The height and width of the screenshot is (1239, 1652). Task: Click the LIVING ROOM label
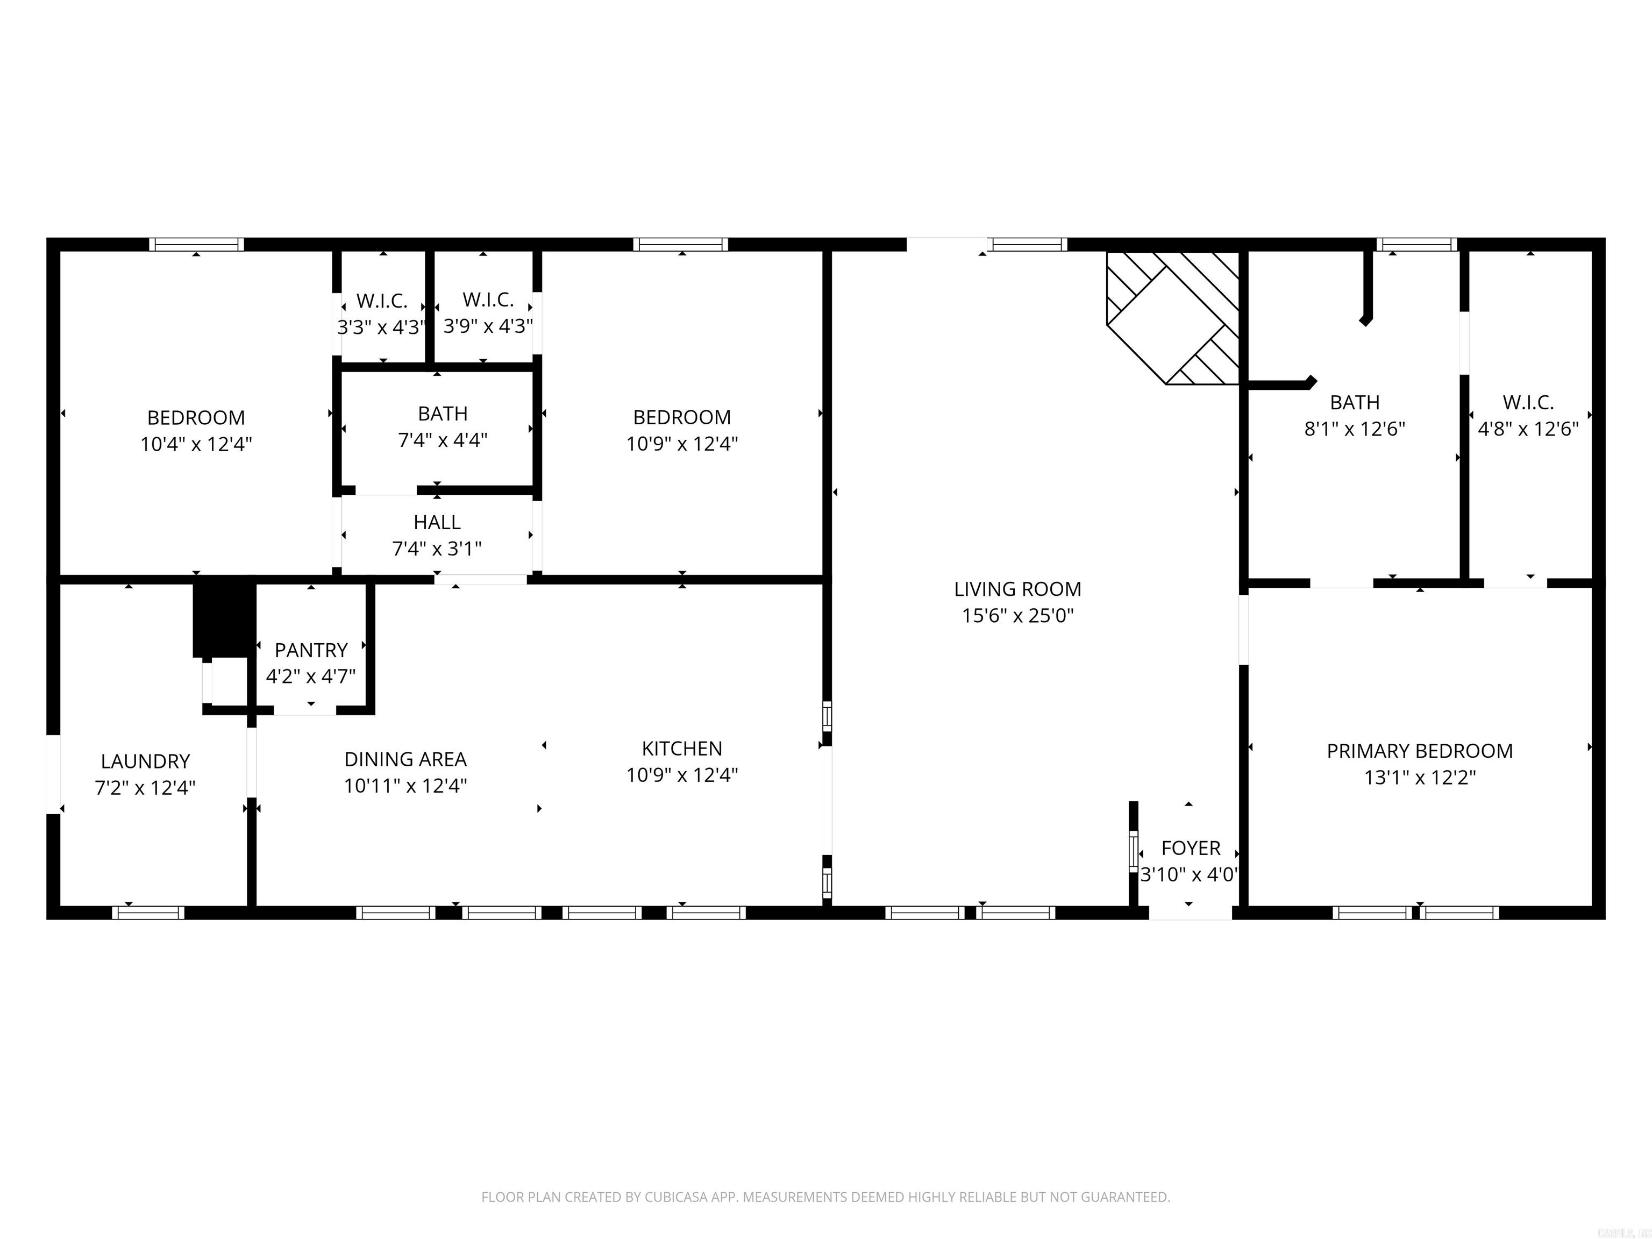click(1017, 589)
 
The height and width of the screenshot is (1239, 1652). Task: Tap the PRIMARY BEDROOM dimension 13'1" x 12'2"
click(1420, 778)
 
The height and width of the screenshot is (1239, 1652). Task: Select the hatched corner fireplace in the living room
click(1172, 317)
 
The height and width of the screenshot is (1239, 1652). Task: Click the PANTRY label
click(311, 650)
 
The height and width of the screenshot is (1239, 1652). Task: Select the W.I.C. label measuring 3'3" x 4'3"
click(382, 301)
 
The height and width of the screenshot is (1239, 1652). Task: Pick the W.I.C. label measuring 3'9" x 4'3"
click(488, 300)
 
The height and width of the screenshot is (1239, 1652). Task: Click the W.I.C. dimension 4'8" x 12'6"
click(1528, 429)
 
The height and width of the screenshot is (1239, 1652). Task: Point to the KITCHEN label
click(682, 749)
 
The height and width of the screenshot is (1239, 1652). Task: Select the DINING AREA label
click(405, 759)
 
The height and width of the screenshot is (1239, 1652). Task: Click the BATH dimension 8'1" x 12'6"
click(1354, 429)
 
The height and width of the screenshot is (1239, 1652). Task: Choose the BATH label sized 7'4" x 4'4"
click(443, 413)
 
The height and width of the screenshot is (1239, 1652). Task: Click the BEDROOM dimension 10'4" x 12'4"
click(196, 444)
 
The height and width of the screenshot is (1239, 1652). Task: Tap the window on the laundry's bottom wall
click(148, 913)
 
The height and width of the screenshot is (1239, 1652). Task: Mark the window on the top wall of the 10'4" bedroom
click(196, 244)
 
